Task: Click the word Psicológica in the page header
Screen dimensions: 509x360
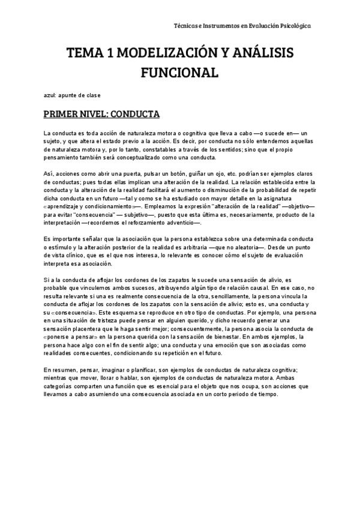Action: click(296, 26)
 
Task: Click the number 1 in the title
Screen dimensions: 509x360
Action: click(108, 54)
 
